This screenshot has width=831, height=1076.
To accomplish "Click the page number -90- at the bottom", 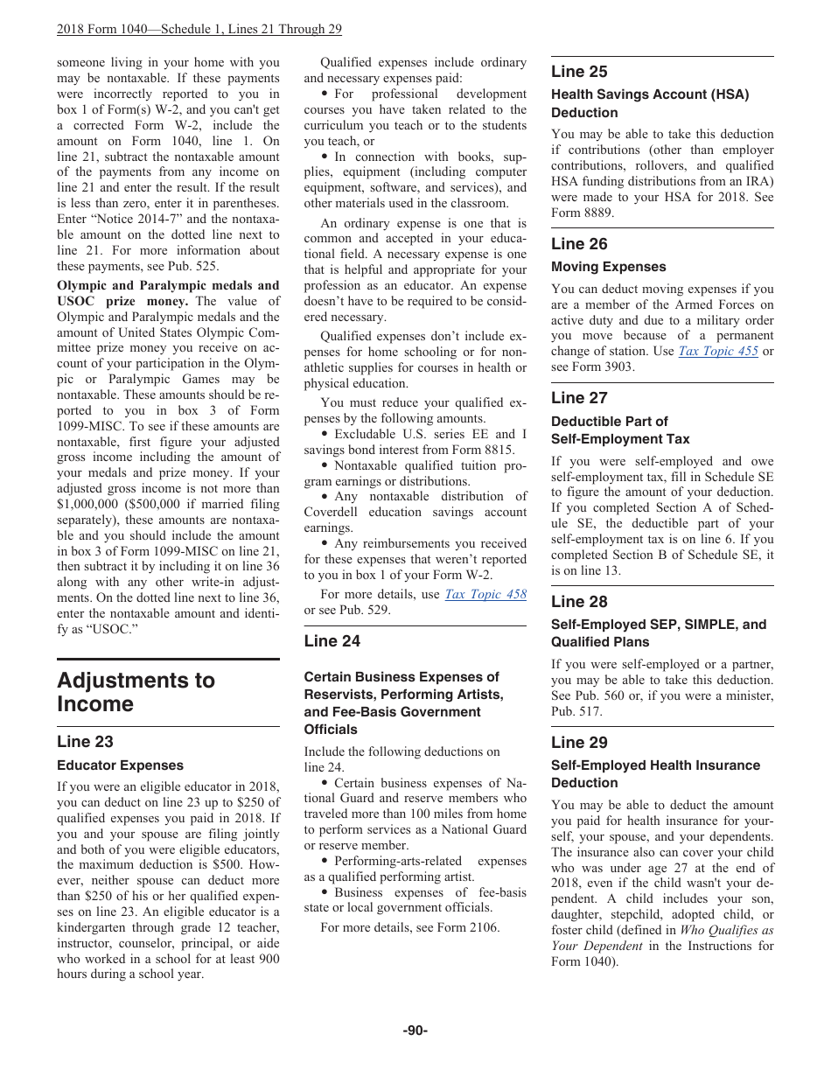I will pyautogui.click(x=415, y=1031).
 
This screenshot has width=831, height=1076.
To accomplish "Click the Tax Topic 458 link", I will pyautogui.click(x=485, y=594).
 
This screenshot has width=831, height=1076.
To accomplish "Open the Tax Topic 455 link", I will pyautogui.click(x=718, y=351).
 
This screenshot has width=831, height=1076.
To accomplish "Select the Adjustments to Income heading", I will pyautogui.click(x=136, y=692).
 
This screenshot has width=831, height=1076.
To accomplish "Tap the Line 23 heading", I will pyautogui.click(x=85, y=742).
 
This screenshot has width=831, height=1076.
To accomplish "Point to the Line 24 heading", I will pyautogui.click(x=332, y=641).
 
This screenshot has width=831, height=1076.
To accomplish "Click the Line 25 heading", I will pyautogui.click(x=579, y=72).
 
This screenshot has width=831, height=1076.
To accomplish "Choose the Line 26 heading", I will pyautogui.click(x=579, y=244).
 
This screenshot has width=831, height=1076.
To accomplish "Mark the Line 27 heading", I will pyautogui.click(x=579, y=398).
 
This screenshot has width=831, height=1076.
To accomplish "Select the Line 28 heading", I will pyautogui.click(x=579, y=602).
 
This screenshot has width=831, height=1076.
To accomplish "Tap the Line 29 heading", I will pyautogui.click(x=579, y=743).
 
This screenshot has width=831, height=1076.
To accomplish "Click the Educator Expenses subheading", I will pyautogui.click(x=120, y=765).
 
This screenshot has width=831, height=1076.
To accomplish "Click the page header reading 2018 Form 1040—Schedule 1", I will pyautogui.click(x=199, y=29).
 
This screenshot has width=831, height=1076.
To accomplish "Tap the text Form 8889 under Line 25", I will pyautogui.click(x=581, y=213).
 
